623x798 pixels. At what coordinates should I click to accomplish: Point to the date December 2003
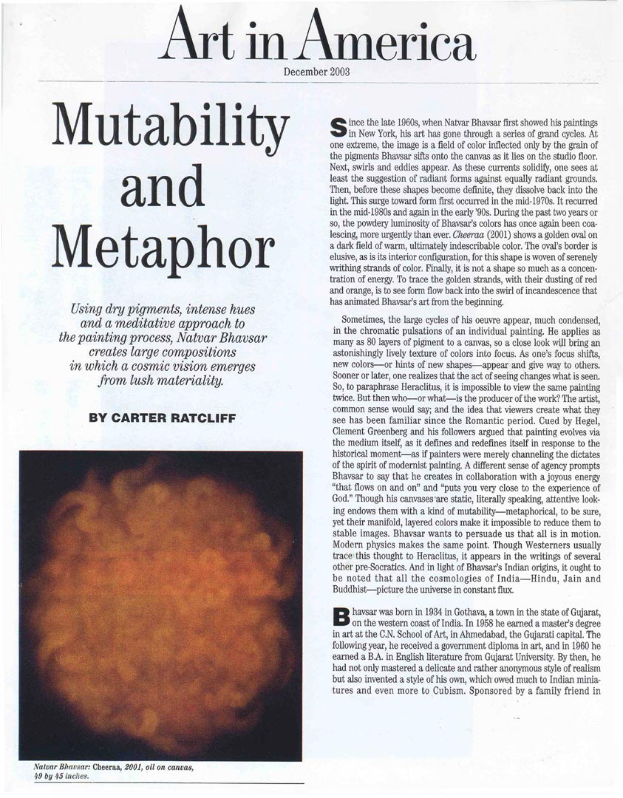316,72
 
